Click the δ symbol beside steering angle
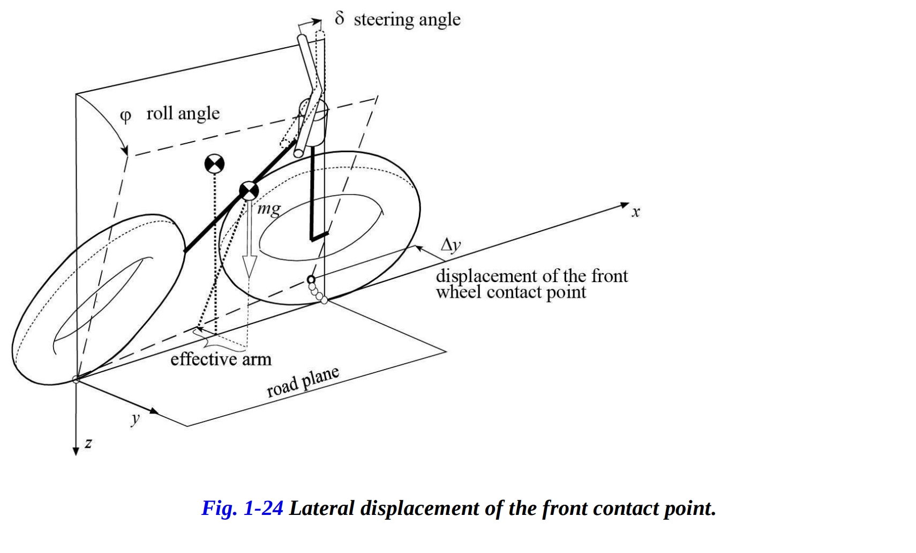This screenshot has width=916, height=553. point(339,18)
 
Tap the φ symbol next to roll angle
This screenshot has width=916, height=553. point(125,115)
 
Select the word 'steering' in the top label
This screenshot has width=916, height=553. point(383,20)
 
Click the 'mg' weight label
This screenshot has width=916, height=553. point(268,209)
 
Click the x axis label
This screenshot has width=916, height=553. point(636,212)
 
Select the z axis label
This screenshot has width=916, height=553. point(88,443)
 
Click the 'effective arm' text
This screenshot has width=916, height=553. point(221,359)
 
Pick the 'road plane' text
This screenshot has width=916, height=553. point(303,382)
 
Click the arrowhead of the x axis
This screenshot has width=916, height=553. point(625,204)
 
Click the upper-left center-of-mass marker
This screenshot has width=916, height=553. point(214,164)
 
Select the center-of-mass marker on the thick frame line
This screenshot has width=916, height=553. point(249,190)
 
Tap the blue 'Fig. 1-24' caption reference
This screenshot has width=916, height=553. point(242,507)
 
